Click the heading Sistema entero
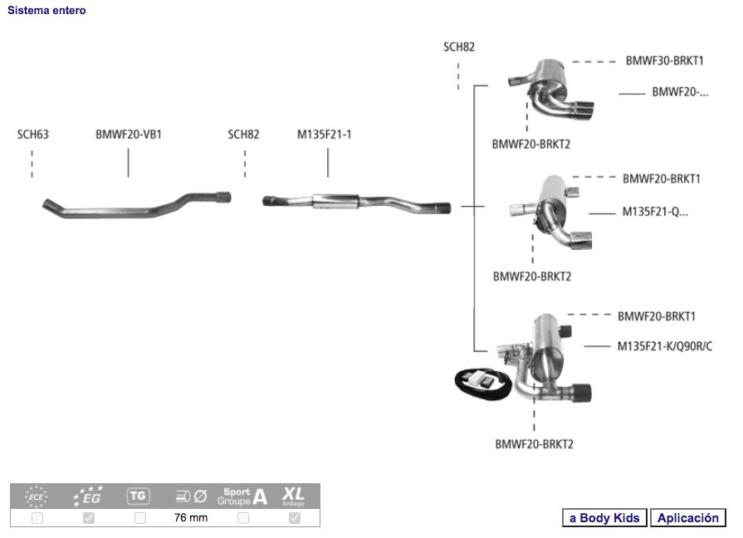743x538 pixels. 46,11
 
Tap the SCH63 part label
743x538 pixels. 33,134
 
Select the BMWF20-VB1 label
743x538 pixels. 129,134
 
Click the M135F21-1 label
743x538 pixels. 325,134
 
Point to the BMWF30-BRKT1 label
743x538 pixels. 664,61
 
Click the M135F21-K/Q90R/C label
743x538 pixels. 664,346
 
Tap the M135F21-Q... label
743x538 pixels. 655,212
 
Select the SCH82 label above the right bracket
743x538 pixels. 459,47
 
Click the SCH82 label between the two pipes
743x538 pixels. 243,134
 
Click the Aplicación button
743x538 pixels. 687,518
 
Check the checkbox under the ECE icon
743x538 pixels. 37,518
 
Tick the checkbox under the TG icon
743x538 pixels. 140,518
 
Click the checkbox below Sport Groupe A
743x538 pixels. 243,518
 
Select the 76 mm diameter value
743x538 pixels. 191,518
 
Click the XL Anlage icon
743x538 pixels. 293,496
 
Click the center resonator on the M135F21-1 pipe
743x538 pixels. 335,202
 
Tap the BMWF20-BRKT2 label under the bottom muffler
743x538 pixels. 534,444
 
